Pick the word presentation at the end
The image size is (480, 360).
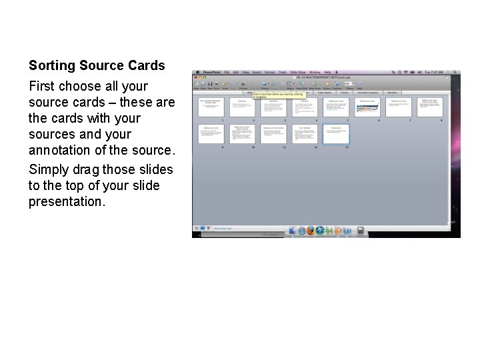tap(66, 201)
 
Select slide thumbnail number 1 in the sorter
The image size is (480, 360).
tap(211, 107)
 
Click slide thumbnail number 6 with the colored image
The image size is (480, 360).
tap(367, 107)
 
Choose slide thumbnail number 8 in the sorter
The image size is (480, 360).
tap(430, 107)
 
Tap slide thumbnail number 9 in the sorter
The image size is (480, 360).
tap(211, 134)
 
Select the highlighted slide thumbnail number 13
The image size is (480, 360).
tap(336, 134)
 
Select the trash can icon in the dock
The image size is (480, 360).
tap(361, 231)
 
